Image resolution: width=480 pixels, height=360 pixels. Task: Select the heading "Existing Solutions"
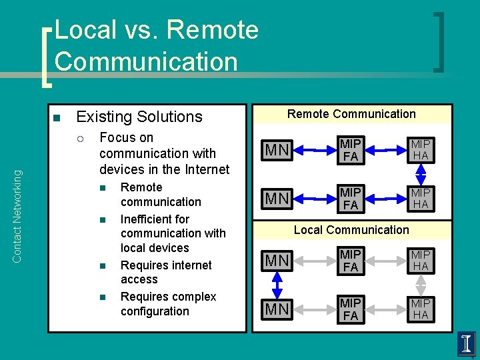[x=139, y=117]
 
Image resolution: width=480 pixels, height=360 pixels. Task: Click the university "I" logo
[x=466, y=344]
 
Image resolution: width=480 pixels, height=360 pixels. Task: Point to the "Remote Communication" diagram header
[x=351, y=114]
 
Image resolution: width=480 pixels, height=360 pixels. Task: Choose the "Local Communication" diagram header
[x=351, y=230]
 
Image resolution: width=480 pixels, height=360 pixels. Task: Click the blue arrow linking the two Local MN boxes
[x=277, y=285]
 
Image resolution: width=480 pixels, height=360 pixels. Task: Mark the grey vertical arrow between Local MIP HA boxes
[x=421, y=285]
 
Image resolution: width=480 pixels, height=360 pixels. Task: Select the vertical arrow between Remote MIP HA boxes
[x=421, y=174]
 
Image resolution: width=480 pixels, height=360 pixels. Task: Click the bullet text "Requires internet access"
[x=166, y=272]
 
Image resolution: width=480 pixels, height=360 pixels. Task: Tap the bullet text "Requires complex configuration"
[x=168, y=304]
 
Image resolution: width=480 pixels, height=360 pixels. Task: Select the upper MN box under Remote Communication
[x=277, y=151]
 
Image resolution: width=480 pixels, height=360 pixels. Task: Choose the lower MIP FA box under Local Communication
[x=351, y=309]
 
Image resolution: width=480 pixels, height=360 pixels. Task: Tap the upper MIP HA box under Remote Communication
[x=421, y=151]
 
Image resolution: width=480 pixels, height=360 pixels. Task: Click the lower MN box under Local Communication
[x=277, y=309]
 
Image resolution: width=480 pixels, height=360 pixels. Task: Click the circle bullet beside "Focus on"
[x=80, y=139]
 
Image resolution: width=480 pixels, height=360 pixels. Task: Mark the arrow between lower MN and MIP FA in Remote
[x=313, y=198]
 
